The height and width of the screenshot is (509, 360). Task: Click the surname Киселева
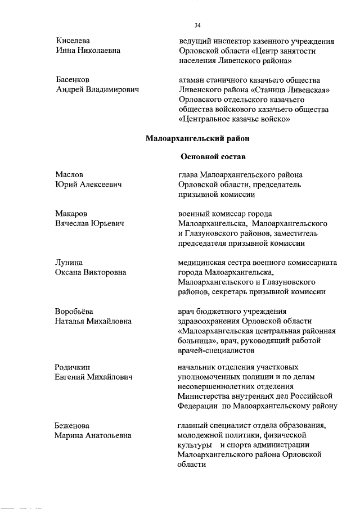73,41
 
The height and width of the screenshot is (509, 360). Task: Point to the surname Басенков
73,80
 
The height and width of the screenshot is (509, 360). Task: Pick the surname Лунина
69,263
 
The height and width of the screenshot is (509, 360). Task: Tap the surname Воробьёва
75,312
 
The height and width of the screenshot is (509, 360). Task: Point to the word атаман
193,80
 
